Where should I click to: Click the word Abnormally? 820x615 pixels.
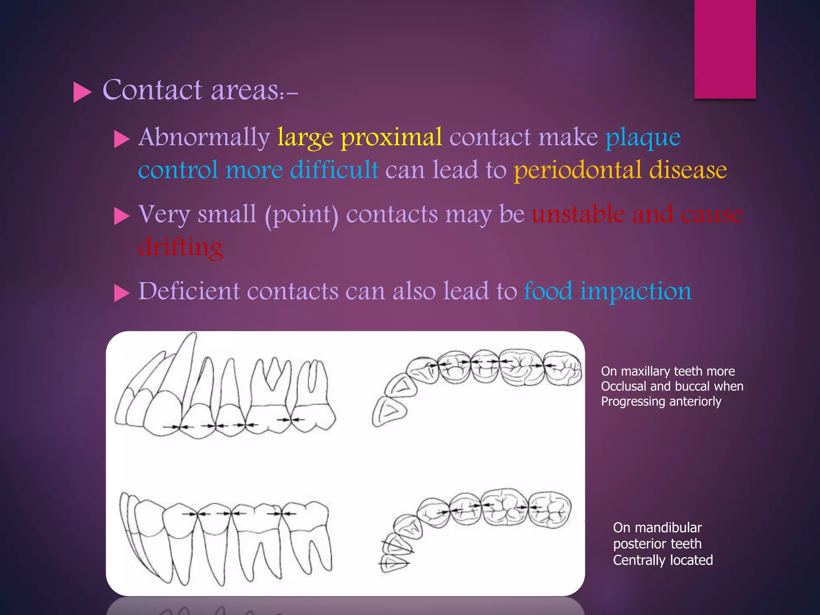(204, 137)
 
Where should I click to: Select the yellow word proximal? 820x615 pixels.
(391, 137)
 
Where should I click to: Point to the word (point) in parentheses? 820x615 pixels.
(301, 215)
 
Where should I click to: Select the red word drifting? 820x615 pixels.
(180, 247)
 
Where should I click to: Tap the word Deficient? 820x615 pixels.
(189, 291)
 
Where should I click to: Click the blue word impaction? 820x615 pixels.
(635, 291)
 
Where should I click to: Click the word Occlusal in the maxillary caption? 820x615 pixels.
(623, 386)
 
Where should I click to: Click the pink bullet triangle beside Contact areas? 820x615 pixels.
(82, 92)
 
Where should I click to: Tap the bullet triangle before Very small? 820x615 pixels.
(122, 217)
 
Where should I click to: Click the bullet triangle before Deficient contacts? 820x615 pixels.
(122, 293)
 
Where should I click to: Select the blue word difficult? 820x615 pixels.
(334, 170)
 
